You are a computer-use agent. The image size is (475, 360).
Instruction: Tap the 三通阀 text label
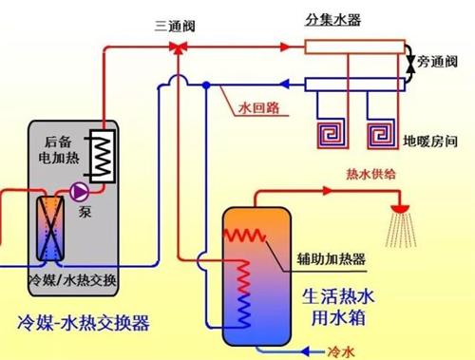[x=175, y=24]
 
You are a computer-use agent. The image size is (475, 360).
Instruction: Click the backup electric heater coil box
[x=97, y=155]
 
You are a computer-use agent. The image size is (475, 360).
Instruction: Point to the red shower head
[x=400, y=207]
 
